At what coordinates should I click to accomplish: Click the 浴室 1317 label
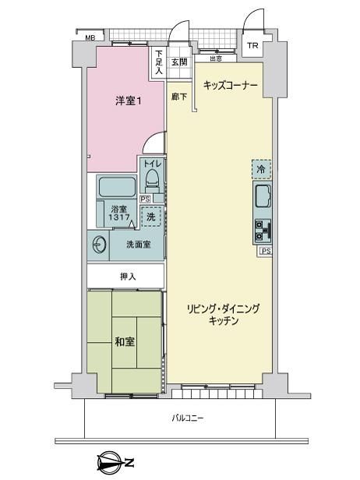[x=119, y=214]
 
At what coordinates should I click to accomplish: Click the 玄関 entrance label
[x=179, y=62]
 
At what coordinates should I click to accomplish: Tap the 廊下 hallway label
[x=178, y=96]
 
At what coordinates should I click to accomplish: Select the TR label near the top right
[x=252, y=44]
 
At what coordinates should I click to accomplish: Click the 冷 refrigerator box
[x=262, y=168]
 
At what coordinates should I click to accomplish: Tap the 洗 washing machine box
[x=152, y=217]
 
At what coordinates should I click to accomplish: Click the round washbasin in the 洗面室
[x=101, y=244]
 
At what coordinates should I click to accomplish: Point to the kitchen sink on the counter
[x=262, y=196]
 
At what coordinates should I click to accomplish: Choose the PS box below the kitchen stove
[x=266, y=251]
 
